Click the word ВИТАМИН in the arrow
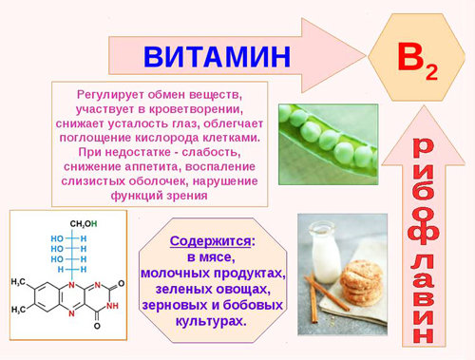(x=217, y=56)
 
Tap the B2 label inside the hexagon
(x=416, y=59)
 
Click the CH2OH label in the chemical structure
(x=83, y=224)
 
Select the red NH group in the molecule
(x=112, y=306)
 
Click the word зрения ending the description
(x=186, y=196)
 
